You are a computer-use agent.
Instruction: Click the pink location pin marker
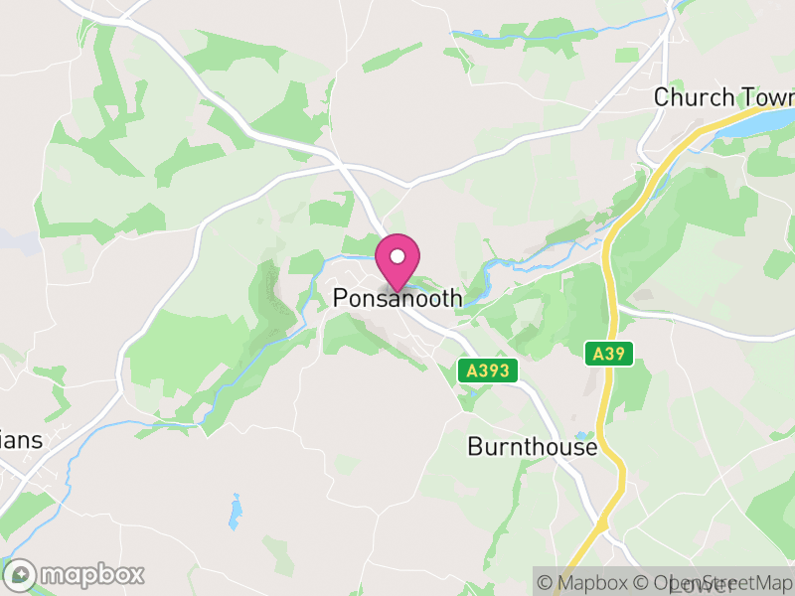pyautogui.click(x=397, y=261)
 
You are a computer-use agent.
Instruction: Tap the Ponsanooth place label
pyautogui.click(x=397, y=298)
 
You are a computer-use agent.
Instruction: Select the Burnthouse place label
pyautogui.click(x=533, y=447)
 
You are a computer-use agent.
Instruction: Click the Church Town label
pyautogui.click(x=723, y=97)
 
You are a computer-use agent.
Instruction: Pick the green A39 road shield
pyautogui.click(x=608, y=353)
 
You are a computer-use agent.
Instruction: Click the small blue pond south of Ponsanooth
pyautogui.click(x=236, y=512)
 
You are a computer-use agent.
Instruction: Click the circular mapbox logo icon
pyautogui.click(x=21, y=574)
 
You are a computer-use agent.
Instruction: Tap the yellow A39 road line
pyautogui.click(x=612, y=298)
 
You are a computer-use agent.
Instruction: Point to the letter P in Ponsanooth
pyautogui.click(x=341, y=298)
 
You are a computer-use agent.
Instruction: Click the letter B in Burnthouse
pyautogui.click(x=475, y=447)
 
